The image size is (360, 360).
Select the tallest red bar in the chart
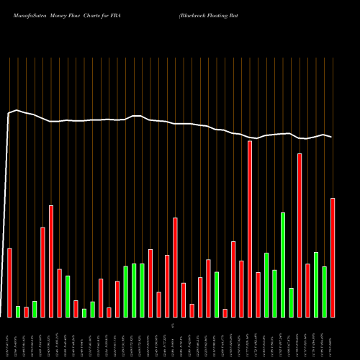pyautogui.click(x=250, y=229)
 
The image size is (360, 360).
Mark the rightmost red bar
pyautogui.click(x=333, y=257)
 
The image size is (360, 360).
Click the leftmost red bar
pyautogui.click(x=10, y=282)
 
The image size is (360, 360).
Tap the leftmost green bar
pyautogui.click(x=18, y=311)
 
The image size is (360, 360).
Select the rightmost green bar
pyautogui.click(x=325, y=292)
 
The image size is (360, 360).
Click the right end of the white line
pyautogui.click(x=332, y=137)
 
